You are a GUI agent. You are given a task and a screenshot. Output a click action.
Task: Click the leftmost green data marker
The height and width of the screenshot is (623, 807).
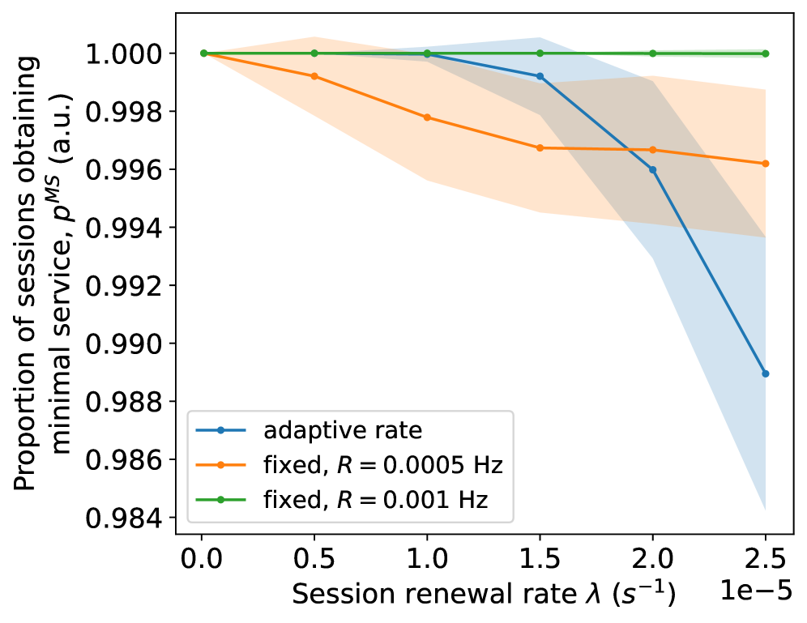(x=203, y=53)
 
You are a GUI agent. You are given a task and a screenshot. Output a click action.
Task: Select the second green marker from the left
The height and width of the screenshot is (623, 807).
(x=314, y=53)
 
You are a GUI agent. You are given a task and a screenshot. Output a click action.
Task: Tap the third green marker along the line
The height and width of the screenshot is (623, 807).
(x=427, y=53)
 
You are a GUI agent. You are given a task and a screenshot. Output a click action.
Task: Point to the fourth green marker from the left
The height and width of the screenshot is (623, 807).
(x=540, y=53)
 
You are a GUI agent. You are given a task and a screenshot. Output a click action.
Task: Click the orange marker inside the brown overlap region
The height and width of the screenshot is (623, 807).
(x=652, y=150)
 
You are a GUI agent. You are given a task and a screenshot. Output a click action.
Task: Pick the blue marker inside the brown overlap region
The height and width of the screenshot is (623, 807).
(x=652, y=170)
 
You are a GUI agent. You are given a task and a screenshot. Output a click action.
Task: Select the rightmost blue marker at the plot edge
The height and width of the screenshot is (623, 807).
(x=765, y=373)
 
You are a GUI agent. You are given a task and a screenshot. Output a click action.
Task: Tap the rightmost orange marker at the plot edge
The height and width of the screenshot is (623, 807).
(x=765, y=164)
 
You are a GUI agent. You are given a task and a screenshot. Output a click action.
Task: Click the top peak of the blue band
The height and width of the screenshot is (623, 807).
(x=539, y=39)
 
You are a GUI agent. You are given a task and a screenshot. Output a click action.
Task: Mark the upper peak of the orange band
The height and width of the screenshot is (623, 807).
(x=314, y=38)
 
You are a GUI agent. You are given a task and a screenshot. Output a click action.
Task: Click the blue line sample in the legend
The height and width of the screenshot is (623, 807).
(x=220, y=431)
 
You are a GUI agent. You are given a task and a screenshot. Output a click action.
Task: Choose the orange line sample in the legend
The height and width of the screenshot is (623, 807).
(x=220, y=465)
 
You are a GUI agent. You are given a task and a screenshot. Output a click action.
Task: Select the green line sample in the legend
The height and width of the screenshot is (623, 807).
(x=220, y=500)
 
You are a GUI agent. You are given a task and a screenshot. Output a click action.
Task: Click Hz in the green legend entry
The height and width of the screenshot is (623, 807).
(x=473, y=500)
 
